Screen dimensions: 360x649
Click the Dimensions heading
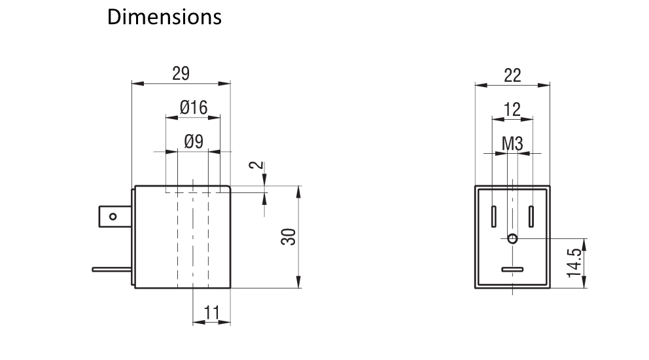[x=164, y=17]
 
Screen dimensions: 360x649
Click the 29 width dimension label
[x=181, y=73]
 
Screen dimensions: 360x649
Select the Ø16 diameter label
[x=193, y=108]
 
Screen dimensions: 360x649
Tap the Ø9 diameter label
[x=193, y=141]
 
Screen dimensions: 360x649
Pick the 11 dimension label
[x=211, y=313]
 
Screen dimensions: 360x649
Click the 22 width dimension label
[x=512, y=75]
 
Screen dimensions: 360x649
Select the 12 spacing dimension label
[x=512, y=109]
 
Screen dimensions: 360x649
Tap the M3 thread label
[x=512, y=143]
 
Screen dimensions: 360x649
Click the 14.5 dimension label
[x=574, y=262]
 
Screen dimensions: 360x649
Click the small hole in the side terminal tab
[x=113, y=216]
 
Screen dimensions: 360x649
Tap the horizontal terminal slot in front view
[x=512, y=270]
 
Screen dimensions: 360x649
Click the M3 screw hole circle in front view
[x=512, y=238]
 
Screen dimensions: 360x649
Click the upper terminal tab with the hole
[x=115, y=216]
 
